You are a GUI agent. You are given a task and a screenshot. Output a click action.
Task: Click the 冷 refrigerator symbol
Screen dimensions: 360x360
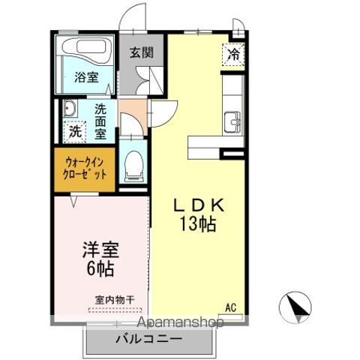(x=233, y=54)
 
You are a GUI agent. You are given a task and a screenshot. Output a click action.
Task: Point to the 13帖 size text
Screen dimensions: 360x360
(x=198, y=224)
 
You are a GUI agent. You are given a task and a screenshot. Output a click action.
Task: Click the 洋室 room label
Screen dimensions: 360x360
(x=100, y=249)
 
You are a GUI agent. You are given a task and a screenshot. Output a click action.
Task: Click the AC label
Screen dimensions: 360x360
(x=232, y=306)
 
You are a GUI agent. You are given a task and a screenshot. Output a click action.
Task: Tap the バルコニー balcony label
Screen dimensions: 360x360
(x=148, y=340)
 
